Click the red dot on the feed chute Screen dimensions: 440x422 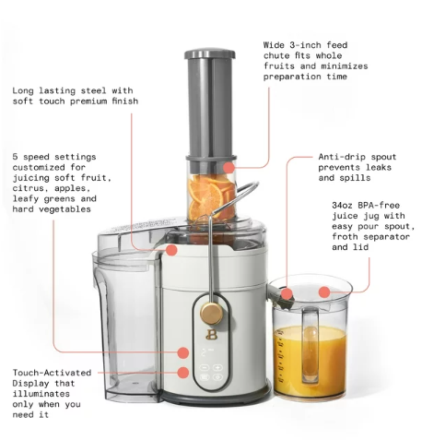click(x=229, y=168)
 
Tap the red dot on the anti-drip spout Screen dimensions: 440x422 click(x=287, y=294)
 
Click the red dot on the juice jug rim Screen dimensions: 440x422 click(x=323, y=292)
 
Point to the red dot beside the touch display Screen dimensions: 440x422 click(x=183, y=373)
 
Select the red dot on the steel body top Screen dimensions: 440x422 click(x=171, y=249)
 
